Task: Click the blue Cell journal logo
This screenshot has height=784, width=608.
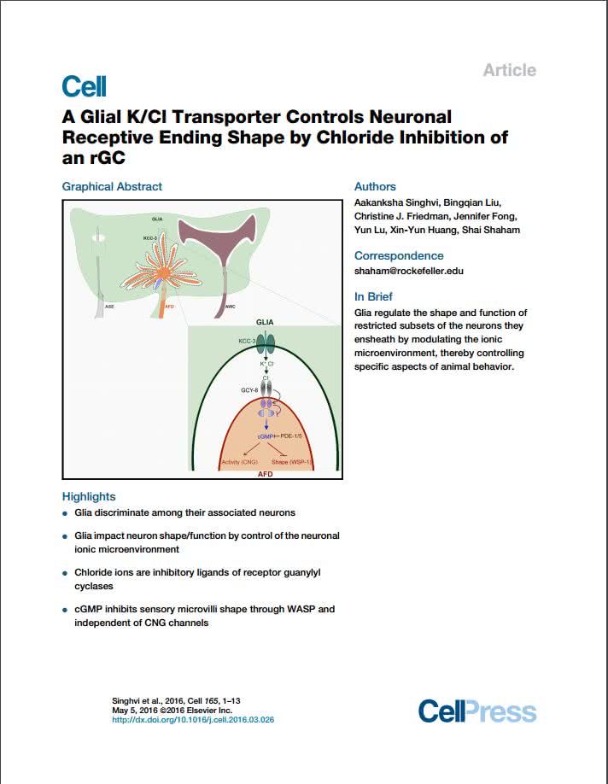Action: [84, 86]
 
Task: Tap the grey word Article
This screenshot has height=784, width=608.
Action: [509, 70]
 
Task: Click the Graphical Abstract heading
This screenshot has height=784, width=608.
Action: [112, 186]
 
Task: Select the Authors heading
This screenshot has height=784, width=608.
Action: [375, 186]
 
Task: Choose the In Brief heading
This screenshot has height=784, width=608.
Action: [373, 297]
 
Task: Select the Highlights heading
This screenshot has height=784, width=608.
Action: [89, 496]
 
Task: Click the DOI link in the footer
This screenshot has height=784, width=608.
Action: [193, 720]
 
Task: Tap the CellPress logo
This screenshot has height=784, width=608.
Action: [477, 711]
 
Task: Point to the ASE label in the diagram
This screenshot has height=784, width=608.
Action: [109, 306]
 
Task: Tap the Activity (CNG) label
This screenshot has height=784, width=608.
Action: [240, 462]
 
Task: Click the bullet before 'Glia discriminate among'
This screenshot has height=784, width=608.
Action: [66, 513]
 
